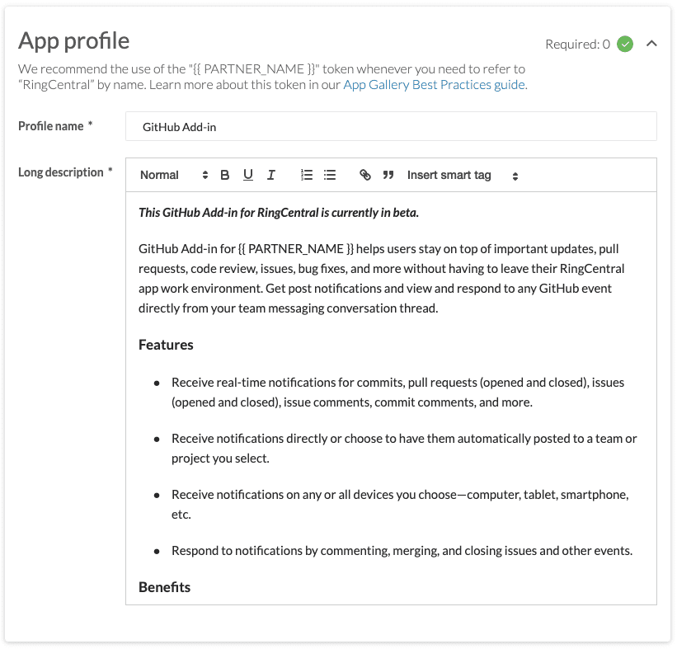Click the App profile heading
click(74, 40)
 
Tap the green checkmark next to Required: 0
click(625, 44)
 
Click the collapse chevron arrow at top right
click(651, 44)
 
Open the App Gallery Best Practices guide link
click(434, 84)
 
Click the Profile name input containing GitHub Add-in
click(391, 127)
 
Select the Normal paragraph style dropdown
click(173, 175)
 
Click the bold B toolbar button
click(225, 175)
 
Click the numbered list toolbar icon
click(307, 175)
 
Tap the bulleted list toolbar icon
click(330, 175)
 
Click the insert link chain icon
click(365, 175)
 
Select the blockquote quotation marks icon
click(388, 175)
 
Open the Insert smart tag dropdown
click(462, 175)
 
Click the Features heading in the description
click(166, 345)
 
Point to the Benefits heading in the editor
click(164, 587)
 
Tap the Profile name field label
click(51, 126)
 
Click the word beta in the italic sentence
click(406, 213)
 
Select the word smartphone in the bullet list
click(592, 495)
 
